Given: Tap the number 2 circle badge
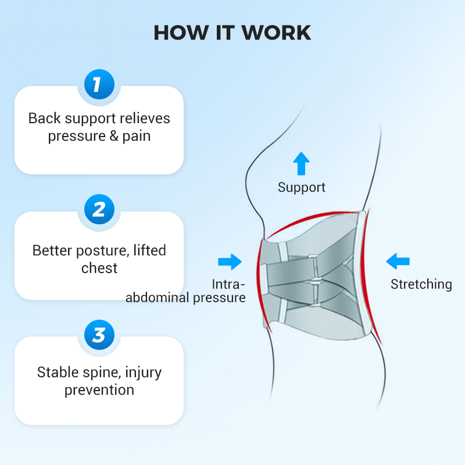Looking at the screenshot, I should point(98,209).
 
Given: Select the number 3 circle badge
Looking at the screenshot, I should point(98,335).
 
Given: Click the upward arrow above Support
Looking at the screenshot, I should point(301,164).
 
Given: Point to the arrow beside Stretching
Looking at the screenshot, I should point(398,261).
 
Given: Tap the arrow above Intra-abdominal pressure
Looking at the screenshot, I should point(230,262).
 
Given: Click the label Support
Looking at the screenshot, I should point(301,187).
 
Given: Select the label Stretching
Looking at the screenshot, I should point(421,284).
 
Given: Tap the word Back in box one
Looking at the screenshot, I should point(44,119).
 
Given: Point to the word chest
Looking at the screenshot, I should point(99,268).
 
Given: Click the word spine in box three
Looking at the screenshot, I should point(104,372).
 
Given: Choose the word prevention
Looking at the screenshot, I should point(99,389).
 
